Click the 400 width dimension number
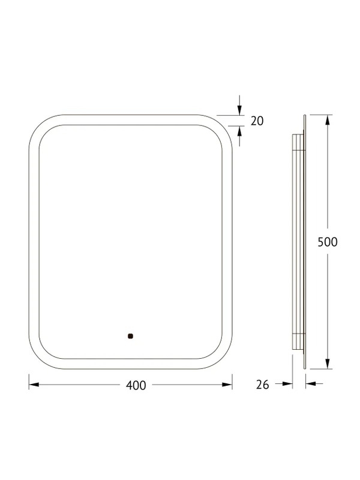click(x=136, y=385)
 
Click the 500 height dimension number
click(x=328, y=242)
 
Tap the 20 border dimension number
click(x=257, y=121)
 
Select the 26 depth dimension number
click(x=262, y=385)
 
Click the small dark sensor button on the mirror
click(x=131, y=336)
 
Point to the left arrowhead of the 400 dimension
click(x=34, y=385)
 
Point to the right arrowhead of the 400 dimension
click(x=227, y=385)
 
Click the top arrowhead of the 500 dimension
click(x=328, y=119)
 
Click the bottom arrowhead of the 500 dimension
click(x=328, y=364)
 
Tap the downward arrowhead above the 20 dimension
click(x=239, y=110)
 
